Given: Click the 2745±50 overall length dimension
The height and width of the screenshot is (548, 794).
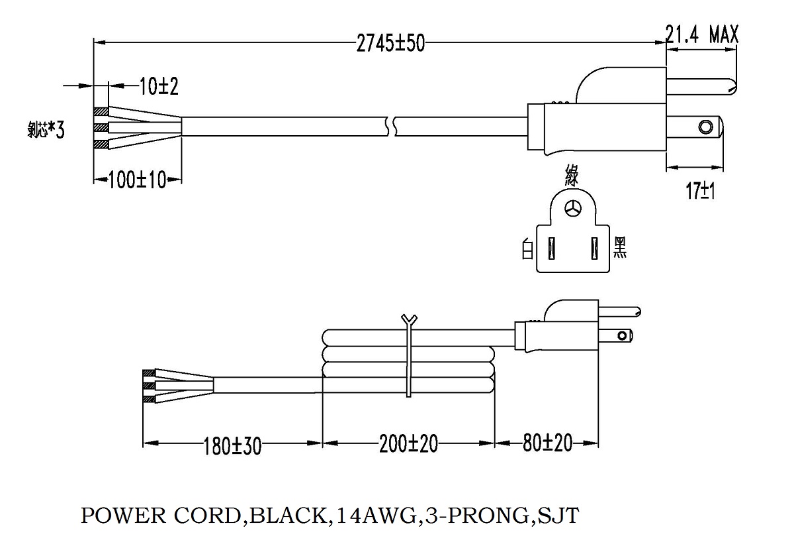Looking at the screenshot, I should click(x=390, y=44).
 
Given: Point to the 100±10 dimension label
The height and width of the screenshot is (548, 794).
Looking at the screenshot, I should click(x=137, y=180).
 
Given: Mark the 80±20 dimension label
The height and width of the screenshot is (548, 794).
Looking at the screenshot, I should click(x=546, y=442).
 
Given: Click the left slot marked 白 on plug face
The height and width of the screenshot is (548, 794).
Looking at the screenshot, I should click(x=551, y=250).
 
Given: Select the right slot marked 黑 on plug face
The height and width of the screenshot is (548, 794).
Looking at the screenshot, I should click(x=595, y=250).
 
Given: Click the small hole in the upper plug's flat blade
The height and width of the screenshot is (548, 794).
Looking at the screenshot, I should click(x=707, y=126).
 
